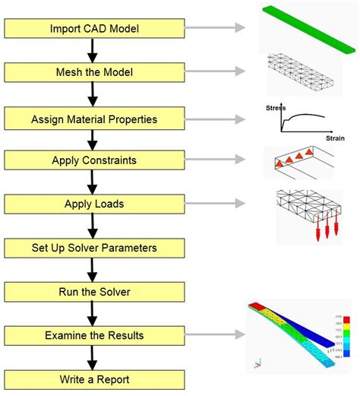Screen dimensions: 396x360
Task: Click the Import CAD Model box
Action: [94, 29]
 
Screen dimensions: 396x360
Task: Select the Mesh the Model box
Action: [94, 72]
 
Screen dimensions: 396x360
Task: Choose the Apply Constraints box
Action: [94, 160]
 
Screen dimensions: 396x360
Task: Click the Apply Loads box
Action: [94, 204]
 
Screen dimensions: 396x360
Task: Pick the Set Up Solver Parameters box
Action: [94, 247]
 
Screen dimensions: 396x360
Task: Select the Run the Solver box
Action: [94, 291]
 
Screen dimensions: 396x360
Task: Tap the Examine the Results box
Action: [94, 334]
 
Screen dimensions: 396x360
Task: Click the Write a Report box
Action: [94, 378]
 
